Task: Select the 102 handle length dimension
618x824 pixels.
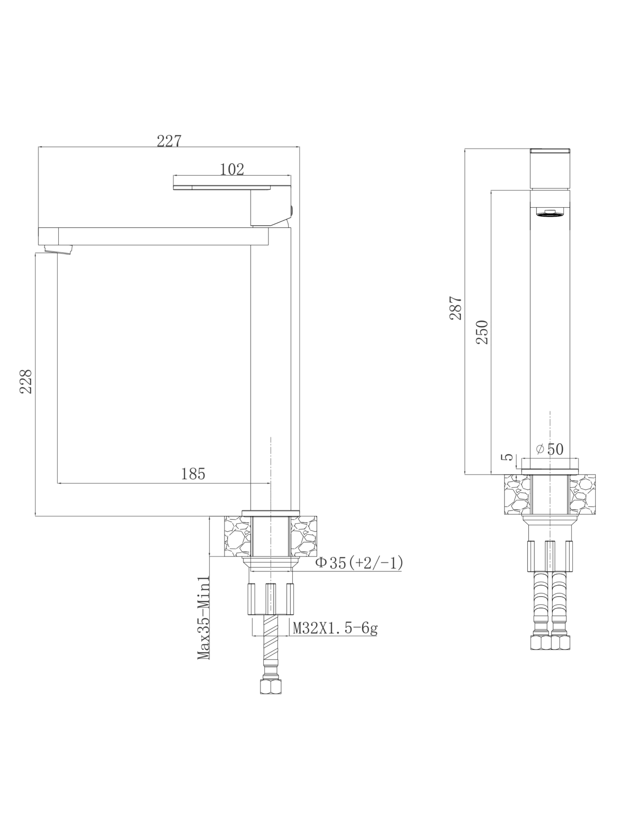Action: [x=232, y=169]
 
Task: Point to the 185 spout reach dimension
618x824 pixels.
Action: [x=193, y=474]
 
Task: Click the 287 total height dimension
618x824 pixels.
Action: [x=455, y=308]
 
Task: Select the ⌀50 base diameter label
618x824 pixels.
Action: [x=550, y=449]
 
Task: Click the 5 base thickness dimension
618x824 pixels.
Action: [x=509, y=457]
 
